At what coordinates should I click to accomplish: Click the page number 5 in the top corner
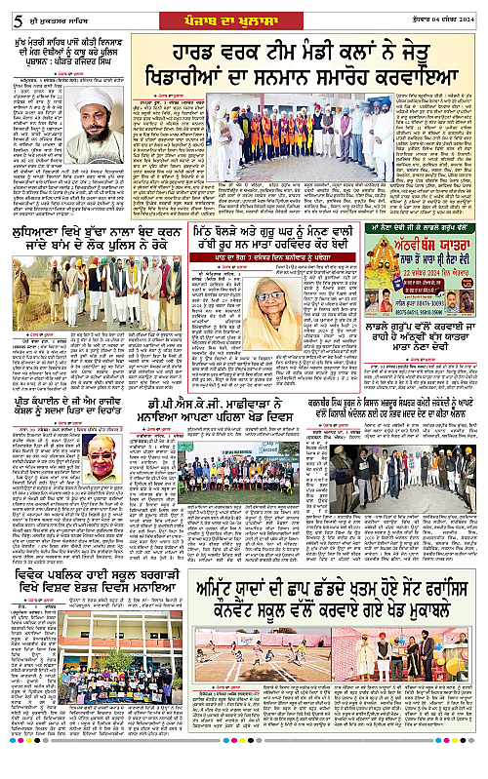tap(9, 10)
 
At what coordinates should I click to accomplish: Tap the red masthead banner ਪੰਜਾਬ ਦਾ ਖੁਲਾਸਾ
tap(244, 12)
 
